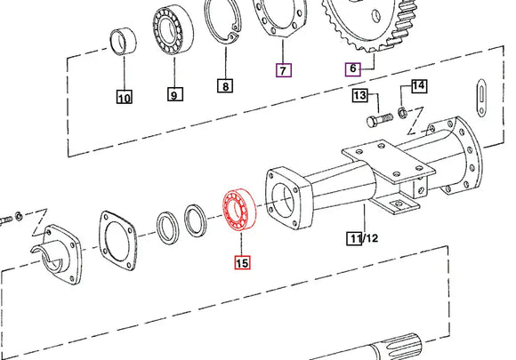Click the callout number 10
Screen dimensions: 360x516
124,98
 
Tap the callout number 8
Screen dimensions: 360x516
227,86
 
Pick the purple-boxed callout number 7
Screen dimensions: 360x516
283,69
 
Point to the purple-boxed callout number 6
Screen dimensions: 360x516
352,68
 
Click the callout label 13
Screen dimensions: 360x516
360,95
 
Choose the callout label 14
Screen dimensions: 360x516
419,86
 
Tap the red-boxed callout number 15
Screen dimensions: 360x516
243,262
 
